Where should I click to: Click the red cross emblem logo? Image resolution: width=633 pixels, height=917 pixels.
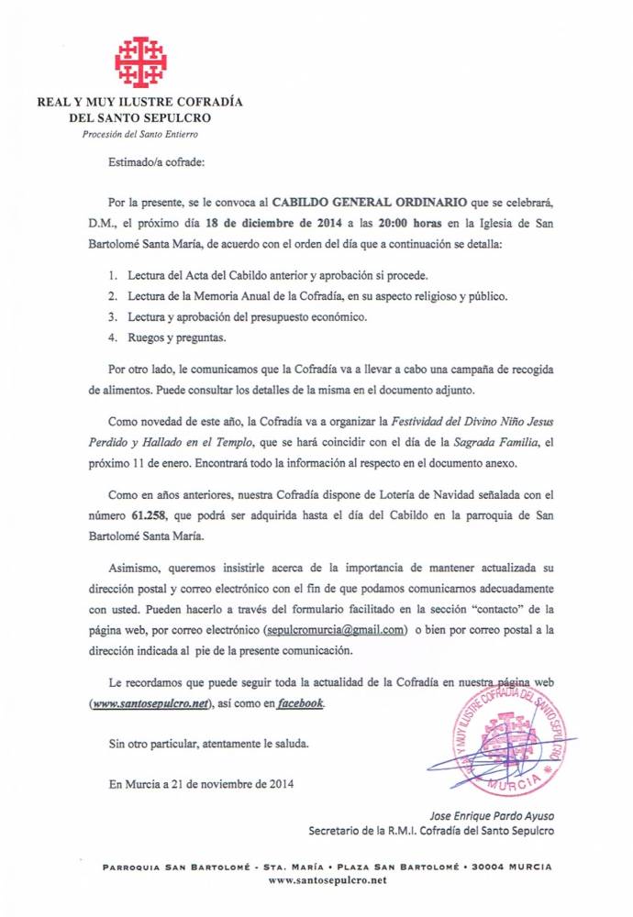pyautogui.click(x=140, y=61)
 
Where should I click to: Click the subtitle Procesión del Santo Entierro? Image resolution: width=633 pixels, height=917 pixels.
pyautogui.click(x=139, y=134)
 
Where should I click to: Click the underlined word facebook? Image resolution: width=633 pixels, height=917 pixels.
pyautogui.click(x=300, y=703)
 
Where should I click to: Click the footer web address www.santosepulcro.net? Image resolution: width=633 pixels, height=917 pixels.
pyautogui.click(x=328, y=880)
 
